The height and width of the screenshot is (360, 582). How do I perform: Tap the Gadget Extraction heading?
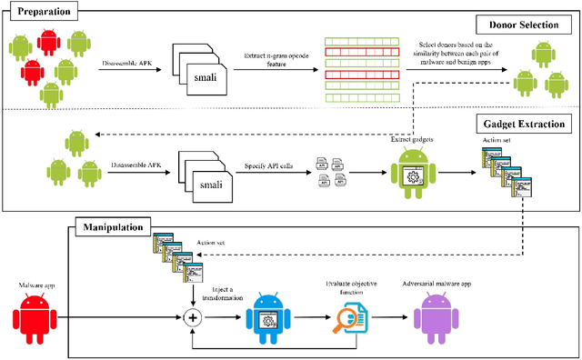point(522,122)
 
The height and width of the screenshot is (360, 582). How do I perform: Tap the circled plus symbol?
point(192,318)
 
